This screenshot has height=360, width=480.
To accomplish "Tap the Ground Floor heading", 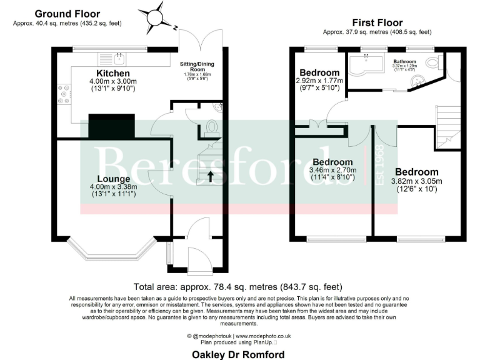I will pyautogui.click(x=67, y=14).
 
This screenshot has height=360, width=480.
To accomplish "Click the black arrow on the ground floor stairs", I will pyautogui.click(x=210, y=176).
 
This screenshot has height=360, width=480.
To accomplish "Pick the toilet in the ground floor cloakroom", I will pyautogui.click(x=211, y=127).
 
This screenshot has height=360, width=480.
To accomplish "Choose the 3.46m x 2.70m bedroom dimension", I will pyautogui.click(x=334, y=170).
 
